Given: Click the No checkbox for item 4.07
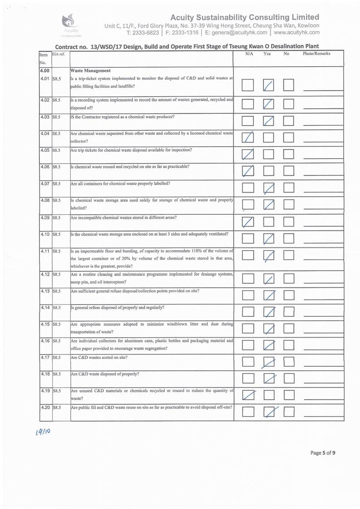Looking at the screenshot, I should point(289,187).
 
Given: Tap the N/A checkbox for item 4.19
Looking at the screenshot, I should point(248,395).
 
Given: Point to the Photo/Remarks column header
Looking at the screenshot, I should point(316,54).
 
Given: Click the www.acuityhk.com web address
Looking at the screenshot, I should point(297,32).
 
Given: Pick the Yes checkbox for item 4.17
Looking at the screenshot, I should point(269,362).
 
